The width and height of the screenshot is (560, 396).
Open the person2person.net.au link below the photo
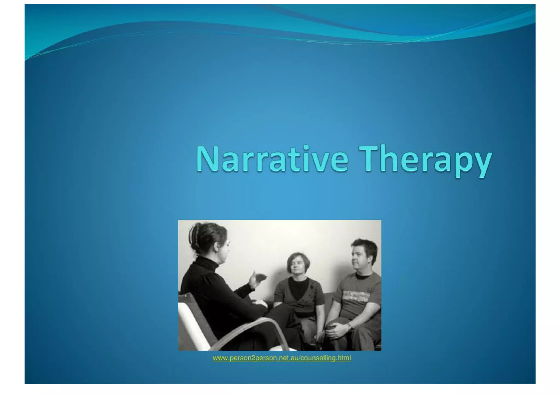point(282,358)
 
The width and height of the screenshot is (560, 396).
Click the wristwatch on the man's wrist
point(349,326)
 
